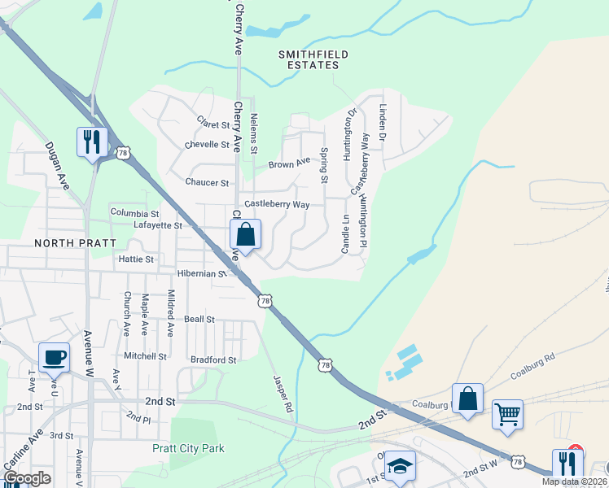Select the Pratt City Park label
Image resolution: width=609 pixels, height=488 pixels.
[x=188, y=448]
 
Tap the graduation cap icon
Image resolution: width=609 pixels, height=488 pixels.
[x=400, y=466]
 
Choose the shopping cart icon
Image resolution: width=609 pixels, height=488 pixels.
[x=508, y=413]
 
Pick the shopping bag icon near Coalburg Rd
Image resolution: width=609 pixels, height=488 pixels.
[x=467, y=399]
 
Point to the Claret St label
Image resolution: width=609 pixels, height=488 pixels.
[x=213, y=123]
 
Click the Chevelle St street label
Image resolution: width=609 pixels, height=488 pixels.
[x=208, y=144]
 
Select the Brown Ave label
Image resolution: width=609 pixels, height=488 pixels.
[x=290, y=163]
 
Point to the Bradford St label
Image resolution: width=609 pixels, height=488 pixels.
[x=212, y=359]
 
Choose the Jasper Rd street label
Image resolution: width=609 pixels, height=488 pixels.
[x=282, y=386]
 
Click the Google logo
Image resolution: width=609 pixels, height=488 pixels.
[x=27, y=478]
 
